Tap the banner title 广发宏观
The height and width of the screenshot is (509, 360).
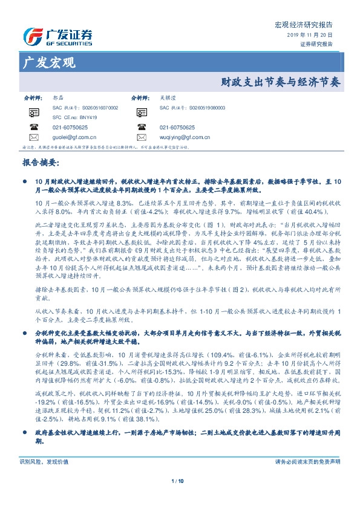coord(48,62)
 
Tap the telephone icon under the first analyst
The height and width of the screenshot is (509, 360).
coord(33,128)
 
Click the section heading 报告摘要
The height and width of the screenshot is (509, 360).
coord(40,163)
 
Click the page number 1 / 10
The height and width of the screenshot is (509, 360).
coord(180,498)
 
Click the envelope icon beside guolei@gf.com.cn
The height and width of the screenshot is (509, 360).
coord(33,138)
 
